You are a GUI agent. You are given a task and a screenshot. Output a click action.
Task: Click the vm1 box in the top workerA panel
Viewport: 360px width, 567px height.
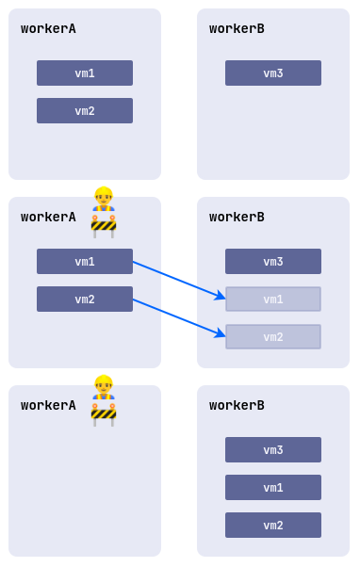pos(85,73)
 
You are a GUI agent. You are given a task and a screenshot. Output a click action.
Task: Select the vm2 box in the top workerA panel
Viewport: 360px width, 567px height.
pos(85,111)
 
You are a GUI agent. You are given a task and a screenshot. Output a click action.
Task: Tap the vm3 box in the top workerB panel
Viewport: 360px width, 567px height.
pos(273,73)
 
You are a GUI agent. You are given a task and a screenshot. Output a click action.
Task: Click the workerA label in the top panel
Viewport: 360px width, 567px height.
pos(48,29)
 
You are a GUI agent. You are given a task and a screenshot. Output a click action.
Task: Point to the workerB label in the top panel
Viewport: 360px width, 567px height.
pos(237,29)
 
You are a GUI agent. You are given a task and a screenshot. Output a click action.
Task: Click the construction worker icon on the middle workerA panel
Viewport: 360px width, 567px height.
pos(104,212)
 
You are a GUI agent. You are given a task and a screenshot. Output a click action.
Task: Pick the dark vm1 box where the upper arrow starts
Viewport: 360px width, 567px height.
pos(85,262)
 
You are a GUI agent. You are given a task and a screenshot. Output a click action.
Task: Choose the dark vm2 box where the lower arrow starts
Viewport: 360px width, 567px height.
pos(85,300)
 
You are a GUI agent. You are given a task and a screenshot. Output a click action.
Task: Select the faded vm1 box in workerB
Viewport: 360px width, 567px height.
pos(273,300)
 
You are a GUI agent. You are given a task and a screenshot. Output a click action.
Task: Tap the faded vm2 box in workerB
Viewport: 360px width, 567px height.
pos(273,337)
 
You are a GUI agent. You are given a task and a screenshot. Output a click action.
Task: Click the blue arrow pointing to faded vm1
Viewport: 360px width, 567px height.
pos(179,279)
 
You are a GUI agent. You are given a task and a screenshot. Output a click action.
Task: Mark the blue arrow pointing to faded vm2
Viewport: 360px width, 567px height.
pos(179,316)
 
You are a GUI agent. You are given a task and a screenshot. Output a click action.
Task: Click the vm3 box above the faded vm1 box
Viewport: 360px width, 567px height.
pos(273,262)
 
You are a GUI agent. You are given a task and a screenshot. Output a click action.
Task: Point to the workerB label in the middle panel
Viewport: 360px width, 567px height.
pos(237,218)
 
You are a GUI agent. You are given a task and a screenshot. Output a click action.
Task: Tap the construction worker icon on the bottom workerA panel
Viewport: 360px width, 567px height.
pos(104,400)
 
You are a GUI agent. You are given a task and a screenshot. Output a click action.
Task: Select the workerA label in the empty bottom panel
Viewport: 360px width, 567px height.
pos(48,406)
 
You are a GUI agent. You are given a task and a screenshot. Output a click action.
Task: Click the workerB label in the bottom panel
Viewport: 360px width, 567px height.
pos(237,406)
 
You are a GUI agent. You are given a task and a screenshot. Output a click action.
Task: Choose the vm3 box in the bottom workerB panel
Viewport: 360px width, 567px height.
pos(273,450)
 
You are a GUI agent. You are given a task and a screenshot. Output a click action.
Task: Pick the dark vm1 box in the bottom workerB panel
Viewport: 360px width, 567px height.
pos(273,488)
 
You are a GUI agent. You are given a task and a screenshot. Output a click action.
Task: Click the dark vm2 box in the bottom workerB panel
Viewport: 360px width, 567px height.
pos(273,526)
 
